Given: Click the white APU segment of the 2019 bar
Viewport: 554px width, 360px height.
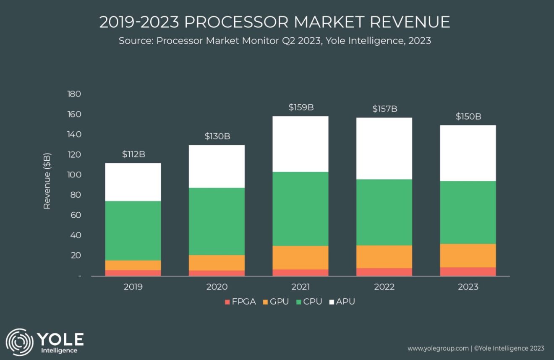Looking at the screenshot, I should [133, 182].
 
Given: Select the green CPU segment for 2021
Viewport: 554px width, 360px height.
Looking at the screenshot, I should [301, 209].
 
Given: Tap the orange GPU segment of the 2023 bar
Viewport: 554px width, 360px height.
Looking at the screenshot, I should [468, 256].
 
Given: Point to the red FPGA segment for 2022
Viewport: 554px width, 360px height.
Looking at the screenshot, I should [384, 271].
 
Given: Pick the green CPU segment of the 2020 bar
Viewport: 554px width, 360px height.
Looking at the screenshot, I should [217, 221].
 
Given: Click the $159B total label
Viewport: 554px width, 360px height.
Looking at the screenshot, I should [301, 107].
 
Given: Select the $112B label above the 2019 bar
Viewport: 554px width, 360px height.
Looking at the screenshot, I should [133, 154].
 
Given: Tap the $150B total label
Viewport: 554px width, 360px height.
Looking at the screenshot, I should [468, 117].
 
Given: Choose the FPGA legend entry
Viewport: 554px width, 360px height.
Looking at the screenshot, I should [240, 302].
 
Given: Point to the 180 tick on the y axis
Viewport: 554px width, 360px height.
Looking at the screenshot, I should [74, 94].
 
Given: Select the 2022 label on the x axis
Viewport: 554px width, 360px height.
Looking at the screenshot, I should [384, 287].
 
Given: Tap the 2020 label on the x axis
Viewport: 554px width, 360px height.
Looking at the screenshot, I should [217, 287].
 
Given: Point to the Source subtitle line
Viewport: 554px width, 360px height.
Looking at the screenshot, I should [274, 41].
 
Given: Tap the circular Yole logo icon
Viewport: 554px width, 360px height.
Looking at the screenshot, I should [19, 342].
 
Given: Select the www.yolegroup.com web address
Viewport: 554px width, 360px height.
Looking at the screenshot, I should [438, 348].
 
